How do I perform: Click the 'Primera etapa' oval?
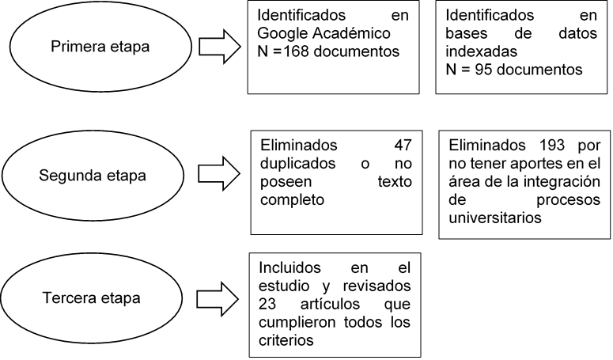click(100, 46)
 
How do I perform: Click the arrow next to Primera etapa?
click(219, 46)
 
